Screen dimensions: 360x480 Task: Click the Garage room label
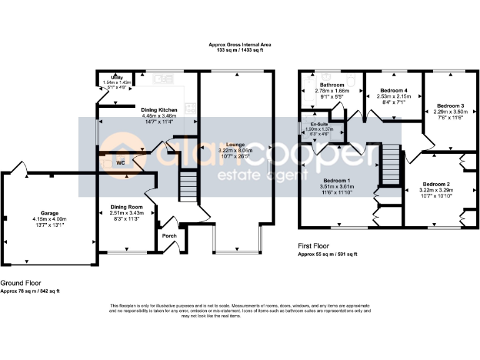click(49, 213)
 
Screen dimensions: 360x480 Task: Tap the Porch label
click(169, 236)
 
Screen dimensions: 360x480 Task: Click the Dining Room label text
click(127, 207)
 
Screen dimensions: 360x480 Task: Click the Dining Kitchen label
click(159, 109)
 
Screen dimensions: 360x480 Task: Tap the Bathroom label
click(332, 84)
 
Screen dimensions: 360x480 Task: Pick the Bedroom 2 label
click(436, 184)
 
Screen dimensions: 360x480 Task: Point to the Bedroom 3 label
click(450, 105)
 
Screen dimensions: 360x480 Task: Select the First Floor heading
click(314, 246)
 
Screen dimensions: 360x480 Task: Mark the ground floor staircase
click(188, 186)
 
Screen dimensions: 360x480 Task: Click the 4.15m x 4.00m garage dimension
click(49, 219)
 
